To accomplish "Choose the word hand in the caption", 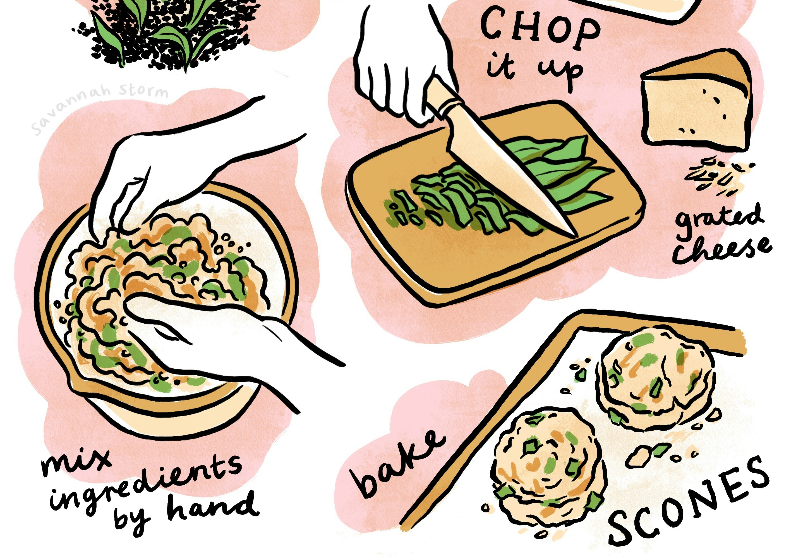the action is pos(213,507).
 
